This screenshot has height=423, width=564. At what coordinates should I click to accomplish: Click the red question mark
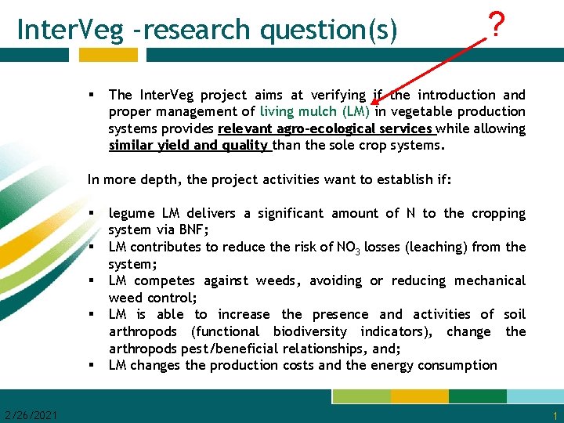(494, 27)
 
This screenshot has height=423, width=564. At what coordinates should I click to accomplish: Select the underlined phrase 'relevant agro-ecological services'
(325, 128)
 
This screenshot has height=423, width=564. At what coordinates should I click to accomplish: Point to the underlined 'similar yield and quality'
(190, 145)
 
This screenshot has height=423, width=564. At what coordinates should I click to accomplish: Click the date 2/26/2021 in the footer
(31, 414)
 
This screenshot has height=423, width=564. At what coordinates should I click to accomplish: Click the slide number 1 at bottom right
(555, 415)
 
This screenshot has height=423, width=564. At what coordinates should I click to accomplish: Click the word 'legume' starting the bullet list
(132, 214)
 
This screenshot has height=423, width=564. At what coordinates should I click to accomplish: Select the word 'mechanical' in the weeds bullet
(488, 280)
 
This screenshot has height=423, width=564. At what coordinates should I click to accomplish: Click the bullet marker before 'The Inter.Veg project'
(92, 95)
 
